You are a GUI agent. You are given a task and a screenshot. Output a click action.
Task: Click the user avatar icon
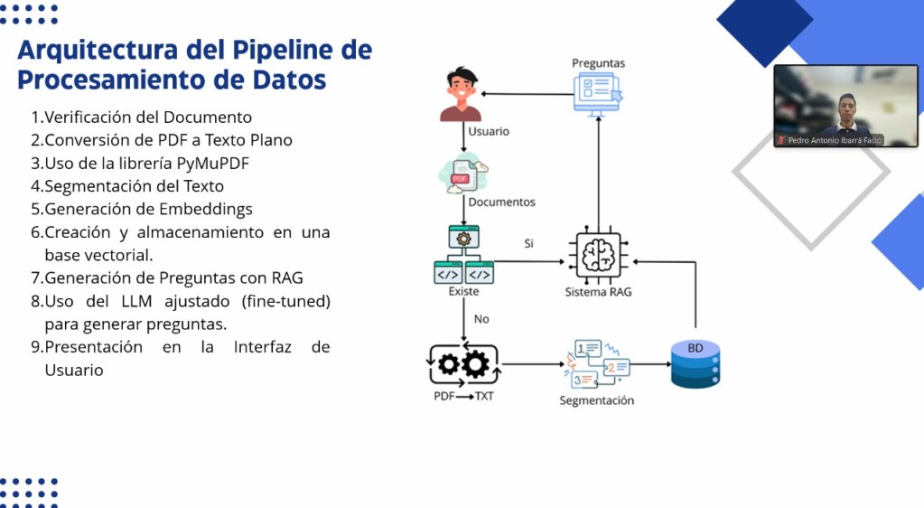pyautogui.click(x=461, y=95)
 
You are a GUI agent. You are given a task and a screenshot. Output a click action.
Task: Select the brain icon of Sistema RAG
pyautogui.click(x=599, y=256)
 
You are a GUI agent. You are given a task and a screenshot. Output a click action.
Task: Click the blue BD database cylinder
pyautogui.click(x=695, y=363)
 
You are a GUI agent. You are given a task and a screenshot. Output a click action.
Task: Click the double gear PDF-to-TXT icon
pyautogui.click(x=462, y=365)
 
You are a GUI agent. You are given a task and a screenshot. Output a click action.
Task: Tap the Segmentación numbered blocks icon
pyautogui.click(x=597, y=363)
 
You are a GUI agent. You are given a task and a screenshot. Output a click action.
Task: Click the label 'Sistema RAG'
pyautogui.click(x=599, y=292)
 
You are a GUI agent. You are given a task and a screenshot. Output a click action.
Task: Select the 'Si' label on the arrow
pyautogui.click(x=529, y=244)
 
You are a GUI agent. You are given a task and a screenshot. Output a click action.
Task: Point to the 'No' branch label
pyautogui.click(x=482, y=319)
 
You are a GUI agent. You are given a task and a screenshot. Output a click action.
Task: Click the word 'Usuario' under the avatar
pyautogui.click(x=489, y=131)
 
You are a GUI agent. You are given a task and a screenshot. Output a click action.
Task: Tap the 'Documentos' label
pyautogui.click(x=501, y=202)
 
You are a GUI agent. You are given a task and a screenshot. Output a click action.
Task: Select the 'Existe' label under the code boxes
pyautogui.click(x=463, y=292)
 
